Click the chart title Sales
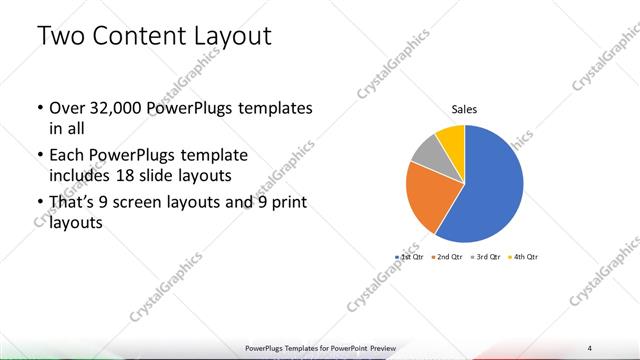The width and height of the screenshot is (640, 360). coord(464,109)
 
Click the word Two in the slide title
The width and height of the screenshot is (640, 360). coord(63,38)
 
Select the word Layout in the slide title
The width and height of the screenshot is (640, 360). coord(233,38)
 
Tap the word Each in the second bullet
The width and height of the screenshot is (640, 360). coord(67,157)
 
